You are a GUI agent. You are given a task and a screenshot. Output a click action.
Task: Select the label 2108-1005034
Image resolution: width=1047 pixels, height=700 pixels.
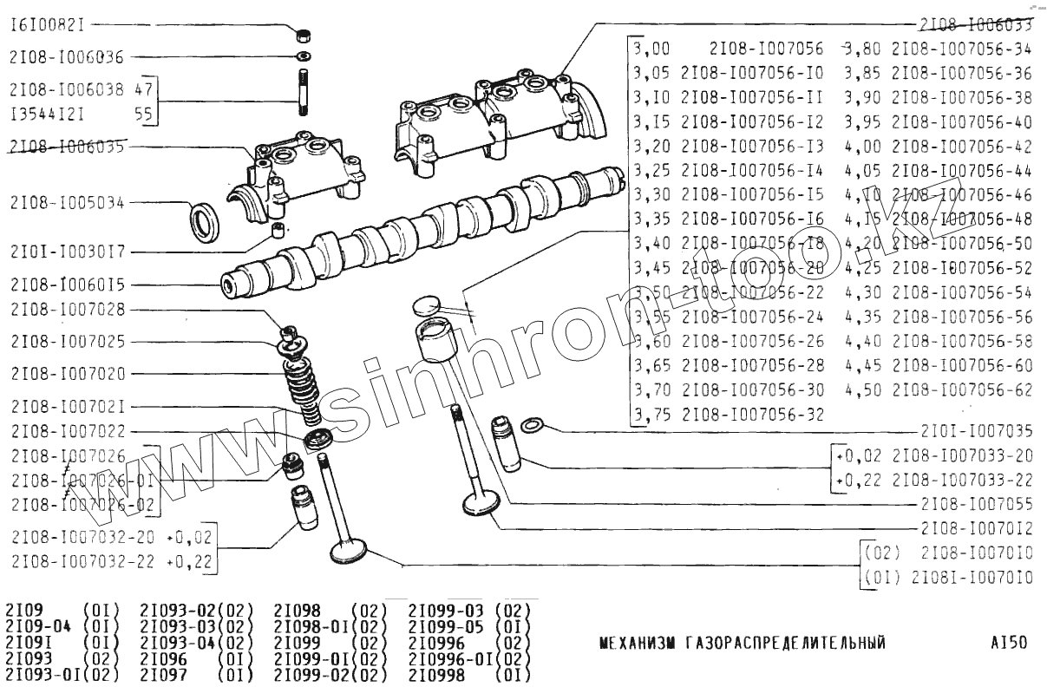(67, 204)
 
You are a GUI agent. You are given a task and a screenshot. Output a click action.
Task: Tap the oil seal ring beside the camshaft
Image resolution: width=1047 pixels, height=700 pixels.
(206, 222)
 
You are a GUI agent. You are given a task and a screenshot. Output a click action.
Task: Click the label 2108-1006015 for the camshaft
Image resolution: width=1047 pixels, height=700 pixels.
(67, 284)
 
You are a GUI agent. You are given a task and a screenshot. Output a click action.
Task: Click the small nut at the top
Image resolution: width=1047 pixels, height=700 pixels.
(304, 36)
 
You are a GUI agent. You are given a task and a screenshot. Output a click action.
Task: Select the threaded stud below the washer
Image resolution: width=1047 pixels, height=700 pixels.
(304, 93)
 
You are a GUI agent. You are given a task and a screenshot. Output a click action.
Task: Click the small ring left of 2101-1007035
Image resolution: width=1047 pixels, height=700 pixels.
(537, 425)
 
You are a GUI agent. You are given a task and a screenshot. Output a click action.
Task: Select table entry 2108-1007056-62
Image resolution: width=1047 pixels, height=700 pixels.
(962, 389)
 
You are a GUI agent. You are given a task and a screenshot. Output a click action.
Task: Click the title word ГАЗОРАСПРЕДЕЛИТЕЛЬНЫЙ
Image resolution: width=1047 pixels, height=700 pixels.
(785, 643)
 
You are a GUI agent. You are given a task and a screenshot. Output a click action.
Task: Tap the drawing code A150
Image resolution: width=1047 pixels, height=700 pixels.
(1009, 643)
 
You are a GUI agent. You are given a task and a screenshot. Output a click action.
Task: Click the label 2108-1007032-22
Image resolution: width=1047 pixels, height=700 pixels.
(84, 561)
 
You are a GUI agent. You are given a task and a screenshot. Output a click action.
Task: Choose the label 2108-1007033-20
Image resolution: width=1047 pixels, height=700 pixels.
(962, 455)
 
